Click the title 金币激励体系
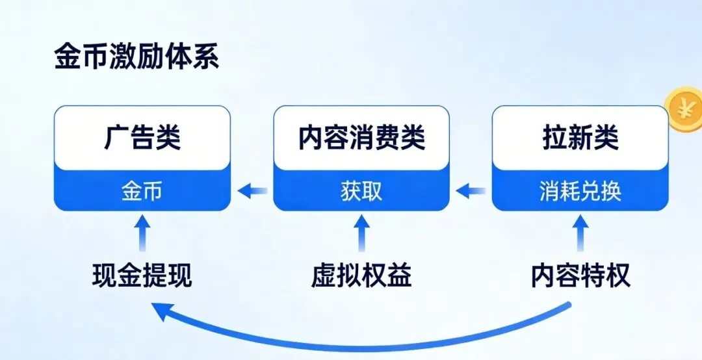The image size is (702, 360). coord(136,57)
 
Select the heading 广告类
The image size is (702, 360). coord(142,138)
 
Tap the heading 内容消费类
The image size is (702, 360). coord(361,138)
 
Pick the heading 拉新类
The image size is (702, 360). coord(580,138)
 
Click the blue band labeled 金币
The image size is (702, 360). coord(142,192)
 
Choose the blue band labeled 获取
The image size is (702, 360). coord(361,192)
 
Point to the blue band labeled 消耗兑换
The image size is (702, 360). coord(580,192)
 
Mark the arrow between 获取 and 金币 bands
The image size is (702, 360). coord(252,191)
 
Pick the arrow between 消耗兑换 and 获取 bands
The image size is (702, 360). coord(471,191)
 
